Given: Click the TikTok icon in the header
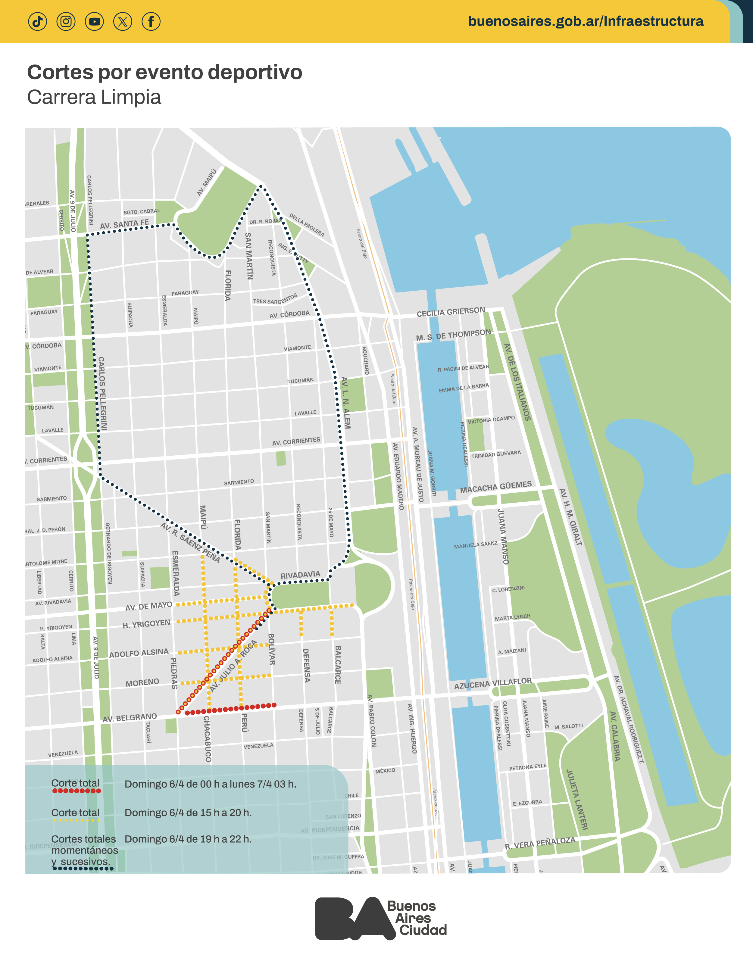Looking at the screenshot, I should coord(37,21).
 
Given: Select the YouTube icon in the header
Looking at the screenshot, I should coord(94,21).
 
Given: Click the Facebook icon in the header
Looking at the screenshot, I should coord(151,21).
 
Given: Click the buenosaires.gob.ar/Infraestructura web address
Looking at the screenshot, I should coord(586,21).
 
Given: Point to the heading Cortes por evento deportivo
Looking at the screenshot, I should coord(164,72).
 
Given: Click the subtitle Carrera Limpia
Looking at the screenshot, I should coord(94,97).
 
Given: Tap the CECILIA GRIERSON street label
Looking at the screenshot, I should coord(451,312).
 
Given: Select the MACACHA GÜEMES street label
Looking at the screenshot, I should coord(495,487).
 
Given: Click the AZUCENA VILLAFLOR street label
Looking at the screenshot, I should coord(493,683).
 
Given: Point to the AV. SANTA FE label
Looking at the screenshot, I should coord(124,224).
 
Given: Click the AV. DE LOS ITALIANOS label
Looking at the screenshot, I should coord(517,382).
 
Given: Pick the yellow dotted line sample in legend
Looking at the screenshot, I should coord(76,820).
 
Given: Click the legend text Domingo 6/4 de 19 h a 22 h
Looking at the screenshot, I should coord(188,839).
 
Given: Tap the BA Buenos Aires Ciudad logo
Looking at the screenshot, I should coord(381,918).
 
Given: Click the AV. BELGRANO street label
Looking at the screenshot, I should coord(130,718).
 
